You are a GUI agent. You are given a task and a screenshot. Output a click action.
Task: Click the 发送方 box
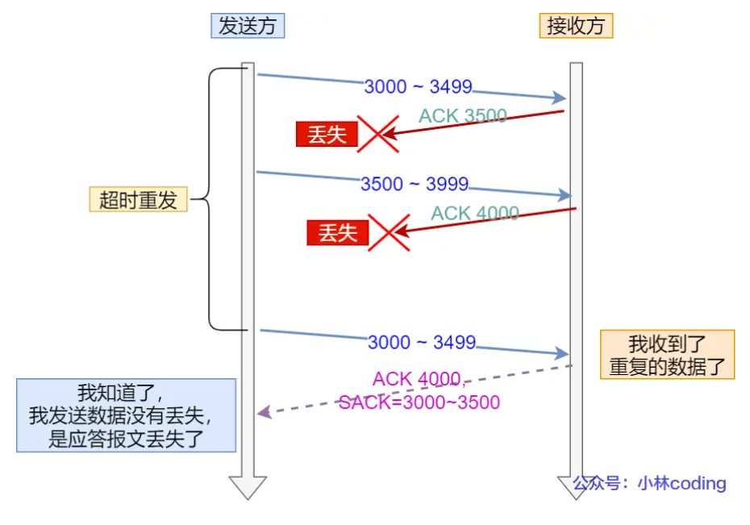pos(248,26)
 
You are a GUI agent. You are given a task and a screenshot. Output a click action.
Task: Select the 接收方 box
pos(576,26)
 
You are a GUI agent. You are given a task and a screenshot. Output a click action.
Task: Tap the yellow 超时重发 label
pos(138,199)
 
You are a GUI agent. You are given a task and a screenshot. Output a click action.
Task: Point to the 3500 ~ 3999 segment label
pos(415,184)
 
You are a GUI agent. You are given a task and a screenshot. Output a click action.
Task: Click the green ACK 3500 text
pos(463,115)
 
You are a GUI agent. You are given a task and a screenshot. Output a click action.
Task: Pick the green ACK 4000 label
pos(475,213)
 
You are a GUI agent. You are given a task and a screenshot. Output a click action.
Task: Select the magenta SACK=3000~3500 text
pos(419,402)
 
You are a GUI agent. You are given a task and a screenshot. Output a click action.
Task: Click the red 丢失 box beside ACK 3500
pos(327,134)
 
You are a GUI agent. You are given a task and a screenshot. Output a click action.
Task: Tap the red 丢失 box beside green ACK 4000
pos(338,233)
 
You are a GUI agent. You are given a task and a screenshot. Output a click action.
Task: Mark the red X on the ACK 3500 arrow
pos(378,134)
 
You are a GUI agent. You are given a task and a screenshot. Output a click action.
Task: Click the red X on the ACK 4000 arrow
pos(389,233)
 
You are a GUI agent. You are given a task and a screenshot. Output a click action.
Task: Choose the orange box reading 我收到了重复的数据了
pos(667,354)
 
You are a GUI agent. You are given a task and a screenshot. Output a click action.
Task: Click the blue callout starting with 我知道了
pos(127,415)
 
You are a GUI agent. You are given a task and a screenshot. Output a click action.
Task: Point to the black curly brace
pos(210,199)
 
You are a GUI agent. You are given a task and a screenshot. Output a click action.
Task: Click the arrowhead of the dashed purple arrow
pos(265,412)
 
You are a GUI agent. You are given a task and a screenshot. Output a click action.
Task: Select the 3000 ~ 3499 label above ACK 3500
pos(418,86)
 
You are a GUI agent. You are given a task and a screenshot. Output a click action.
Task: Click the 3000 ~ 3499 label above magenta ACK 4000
pos(422,343)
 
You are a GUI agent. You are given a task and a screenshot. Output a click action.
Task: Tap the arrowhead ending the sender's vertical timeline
pos(248,488)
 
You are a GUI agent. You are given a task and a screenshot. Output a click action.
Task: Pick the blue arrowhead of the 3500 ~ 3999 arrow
pos(565,195)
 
